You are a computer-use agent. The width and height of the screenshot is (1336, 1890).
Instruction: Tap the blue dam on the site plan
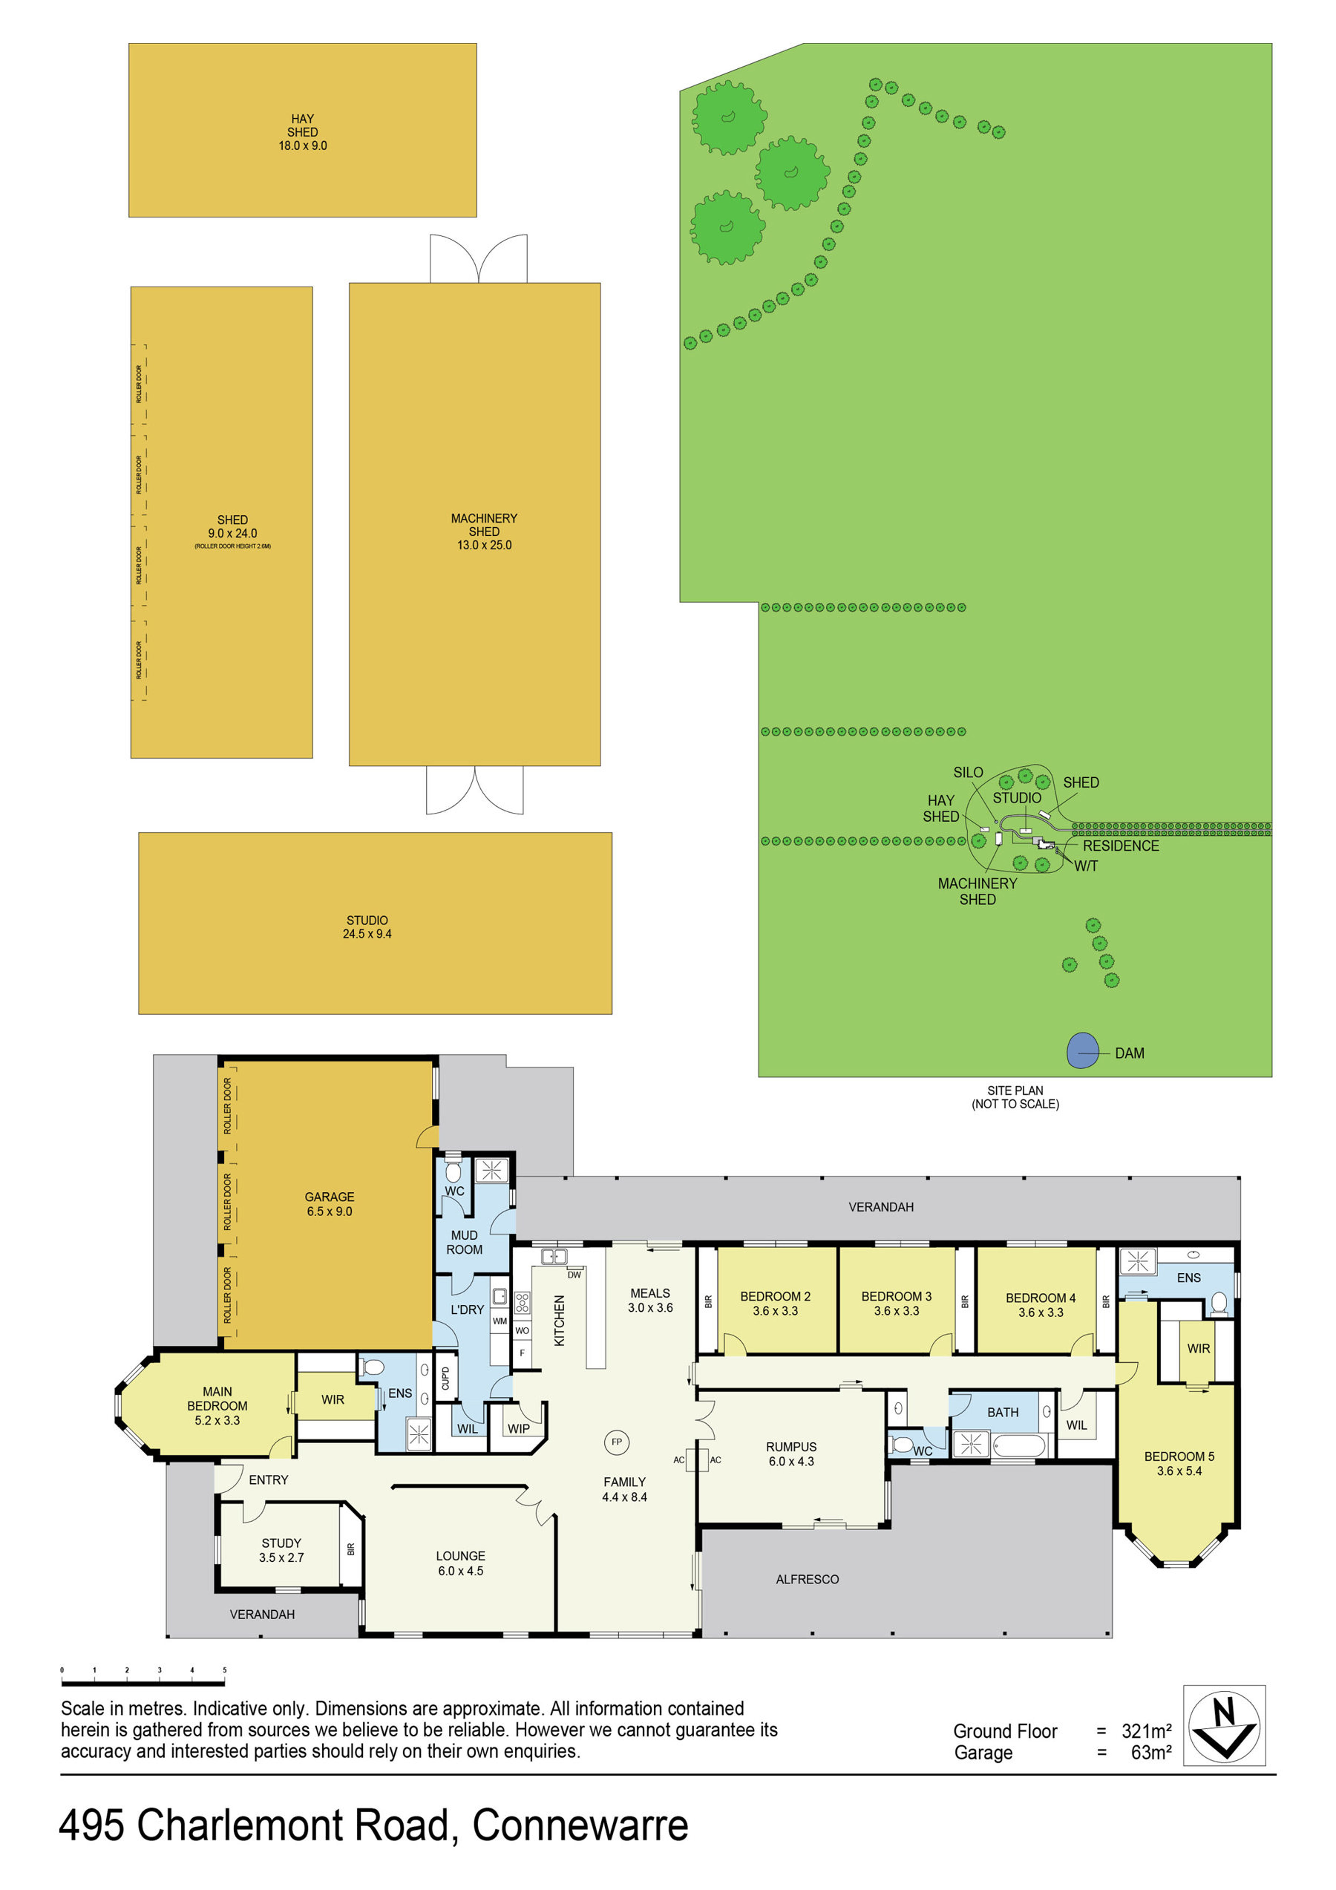click(1082, 1050)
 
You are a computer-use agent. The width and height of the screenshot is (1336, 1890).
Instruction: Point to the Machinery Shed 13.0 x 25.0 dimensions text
click(484, 545)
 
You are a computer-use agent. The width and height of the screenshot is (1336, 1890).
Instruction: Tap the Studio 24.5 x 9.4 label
click(367, 927)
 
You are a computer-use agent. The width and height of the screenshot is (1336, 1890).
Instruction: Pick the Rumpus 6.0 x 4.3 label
click(791, 1454)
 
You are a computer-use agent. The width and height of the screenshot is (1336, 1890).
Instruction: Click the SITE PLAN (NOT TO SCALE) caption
click(1015, 1097)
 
